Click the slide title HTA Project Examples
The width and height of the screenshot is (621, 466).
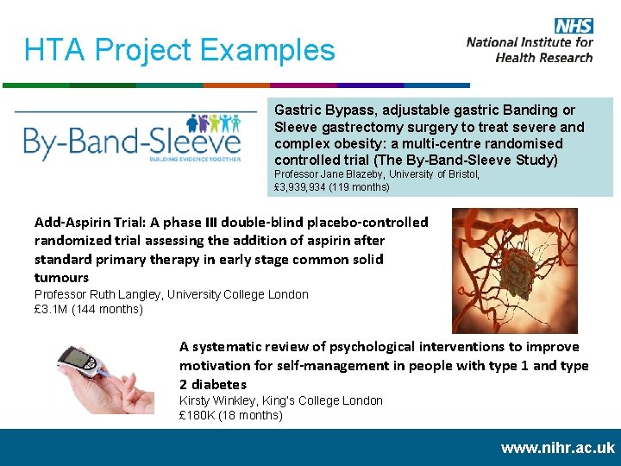pos(179,50)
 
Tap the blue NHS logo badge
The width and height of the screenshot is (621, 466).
pos(573,26)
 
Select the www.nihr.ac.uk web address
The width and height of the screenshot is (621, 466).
pos(557,447)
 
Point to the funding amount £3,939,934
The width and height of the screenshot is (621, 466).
pos(304,187)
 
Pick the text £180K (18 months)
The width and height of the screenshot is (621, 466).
pos(230,415)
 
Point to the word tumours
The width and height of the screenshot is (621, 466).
pos(61,277)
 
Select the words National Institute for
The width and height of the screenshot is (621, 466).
pos(530,42)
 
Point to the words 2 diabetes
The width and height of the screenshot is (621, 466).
pos(213,384)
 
